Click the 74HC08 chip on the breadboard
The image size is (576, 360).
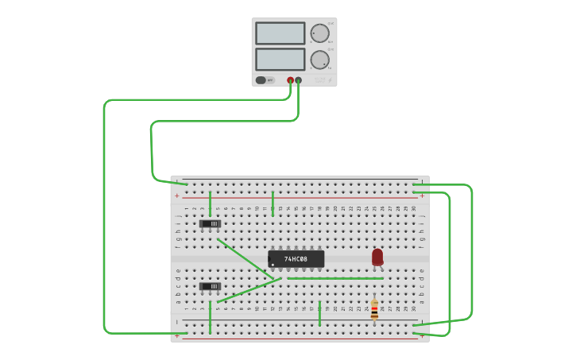click(296, 259)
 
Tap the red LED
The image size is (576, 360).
click(377, 257)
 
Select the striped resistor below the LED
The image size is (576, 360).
click(374, 309)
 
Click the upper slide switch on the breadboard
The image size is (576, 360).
click(210, 224)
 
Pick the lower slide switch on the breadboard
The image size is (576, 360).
click(210, 286)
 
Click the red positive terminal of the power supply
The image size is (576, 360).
click(290, 80)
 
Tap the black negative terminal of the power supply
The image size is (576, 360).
click(299, 80)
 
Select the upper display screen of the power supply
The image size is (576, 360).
click(280, 33)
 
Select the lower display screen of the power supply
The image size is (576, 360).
click(280, 60)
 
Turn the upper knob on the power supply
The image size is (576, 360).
click(319, 33)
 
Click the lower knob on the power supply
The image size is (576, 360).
click(319, 60)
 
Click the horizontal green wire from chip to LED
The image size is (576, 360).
click(334, 278)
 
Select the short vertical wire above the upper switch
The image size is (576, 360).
click(210, 203)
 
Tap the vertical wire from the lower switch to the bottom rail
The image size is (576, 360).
click(210, 318)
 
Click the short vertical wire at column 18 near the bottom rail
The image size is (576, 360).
click(319, 313)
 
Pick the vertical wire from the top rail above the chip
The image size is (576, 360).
click(273, 203)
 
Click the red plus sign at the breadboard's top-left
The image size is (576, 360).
click(177, 195)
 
